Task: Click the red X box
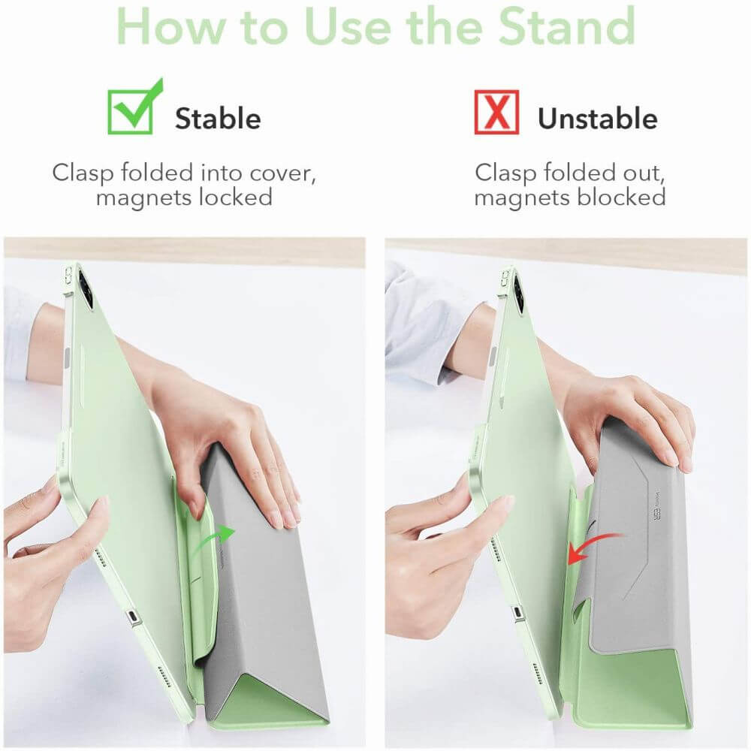496,112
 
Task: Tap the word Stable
218,119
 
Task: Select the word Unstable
598,119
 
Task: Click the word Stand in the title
566,26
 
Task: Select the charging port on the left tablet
134,618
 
